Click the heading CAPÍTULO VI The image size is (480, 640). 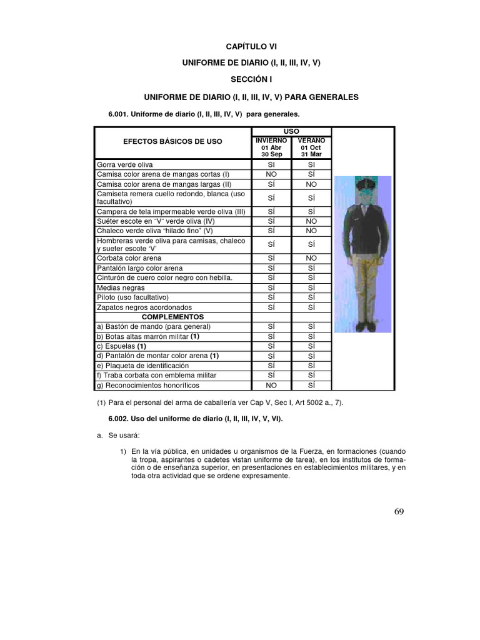coord(250,46)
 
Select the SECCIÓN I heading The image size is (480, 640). coord(250,80)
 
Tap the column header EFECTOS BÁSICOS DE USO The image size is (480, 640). coord(172,142)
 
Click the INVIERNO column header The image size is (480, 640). coord(271,141)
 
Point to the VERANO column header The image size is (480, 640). coord(311,141)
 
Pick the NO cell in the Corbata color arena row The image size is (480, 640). coord(311,257)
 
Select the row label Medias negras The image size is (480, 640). coord(120,287)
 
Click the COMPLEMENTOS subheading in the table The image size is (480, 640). coord(172,317)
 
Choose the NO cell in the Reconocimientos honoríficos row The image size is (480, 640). coord(271,385)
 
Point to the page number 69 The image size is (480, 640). coord(399,512)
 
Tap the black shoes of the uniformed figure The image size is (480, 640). coord(362,326)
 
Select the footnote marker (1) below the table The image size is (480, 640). coord(101,403)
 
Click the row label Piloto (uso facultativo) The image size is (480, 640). coord(132,297)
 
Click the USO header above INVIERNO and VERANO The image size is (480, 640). coord(291,132)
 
